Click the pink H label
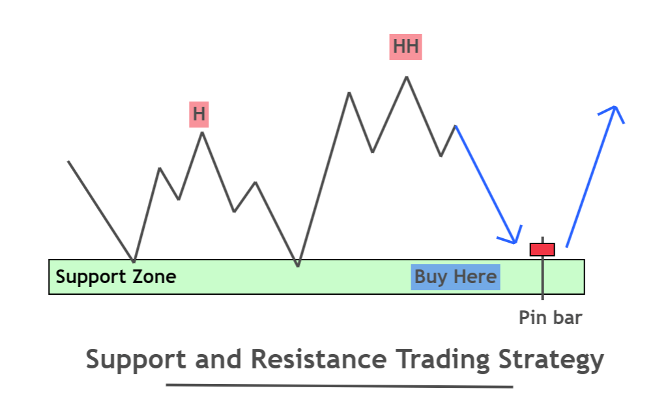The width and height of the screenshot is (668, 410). [x=199, y=115]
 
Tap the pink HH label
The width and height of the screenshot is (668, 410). [x=405, y=47]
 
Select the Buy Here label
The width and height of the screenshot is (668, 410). [x=456, y=277]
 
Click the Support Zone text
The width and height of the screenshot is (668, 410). [x=116, y=277]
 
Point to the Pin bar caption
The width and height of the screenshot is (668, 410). [x=551, y=318]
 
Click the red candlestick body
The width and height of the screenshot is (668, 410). [x=542, y=250]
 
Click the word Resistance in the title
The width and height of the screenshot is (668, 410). [x=319, y=359]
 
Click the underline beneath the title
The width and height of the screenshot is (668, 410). [x=340, y=386]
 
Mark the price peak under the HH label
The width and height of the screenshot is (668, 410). [x=407, y=77]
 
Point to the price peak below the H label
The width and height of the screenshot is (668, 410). [x=203, y=133]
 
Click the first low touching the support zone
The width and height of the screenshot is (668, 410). [x=134, y=261]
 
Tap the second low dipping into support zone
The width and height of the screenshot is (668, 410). [x=298, y=266]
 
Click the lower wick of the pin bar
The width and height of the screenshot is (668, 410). [x=542, y=278]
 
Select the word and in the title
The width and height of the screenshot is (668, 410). [x=218, y=359]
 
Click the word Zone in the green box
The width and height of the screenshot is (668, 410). [x=154, y=277]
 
